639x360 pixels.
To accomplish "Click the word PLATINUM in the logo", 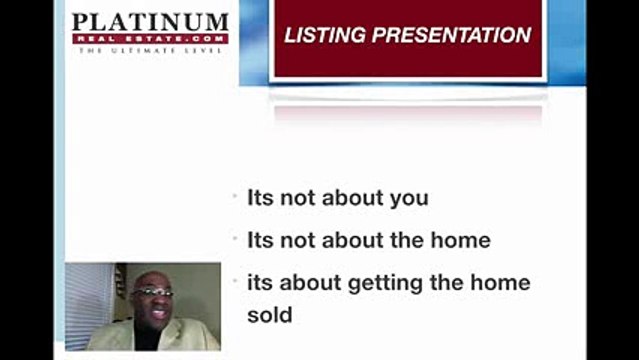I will [x=150, y=22].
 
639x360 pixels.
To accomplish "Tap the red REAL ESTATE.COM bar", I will [x=150, y=39].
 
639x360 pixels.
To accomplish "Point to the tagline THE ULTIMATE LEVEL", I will [x=150, y=50].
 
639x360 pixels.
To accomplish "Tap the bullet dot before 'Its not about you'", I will [x=234, y=198].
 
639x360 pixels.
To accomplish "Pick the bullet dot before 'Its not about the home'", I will [x=234, y=241].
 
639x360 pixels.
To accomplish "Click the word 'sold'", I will [x=270, y=315].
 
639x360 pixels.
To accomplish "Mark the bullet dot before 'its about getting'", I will [x=234, y=284].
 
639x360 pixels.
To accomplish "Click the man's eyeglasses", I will [x=152, y=292].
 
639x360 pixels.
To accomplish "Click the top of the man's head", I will [x=152, y=272].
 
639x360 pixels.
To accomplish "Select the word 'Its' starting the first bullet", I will [x=259, y=198].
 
